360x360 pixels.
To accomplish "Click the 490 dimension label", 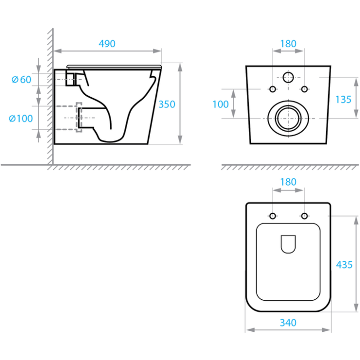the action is point(107,44).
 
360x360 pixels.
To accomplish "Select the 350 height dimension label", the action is point(167,104).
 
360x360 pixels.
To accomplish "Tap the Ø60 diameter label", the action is point(22,80).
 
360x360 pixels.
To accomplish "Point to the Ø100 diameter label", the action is point(21,118).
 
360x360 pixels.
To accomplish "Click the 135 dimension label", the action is point(344,99).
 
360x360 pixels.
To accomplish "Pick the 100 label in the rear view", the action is point(221,104).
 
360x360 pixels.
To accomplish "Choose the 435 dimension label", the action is point(344,265).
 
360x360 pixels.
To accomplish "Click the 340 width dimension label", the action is point(288,322).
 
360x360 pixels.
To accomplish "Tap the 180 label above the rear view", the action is point(289,44).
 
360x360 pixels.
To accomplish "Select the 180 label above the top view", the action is point(289,182).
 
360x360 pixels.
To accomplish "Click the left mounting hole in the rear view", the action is point(273,89).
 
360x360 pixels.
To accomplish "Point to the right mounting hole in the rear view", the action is point(304,89).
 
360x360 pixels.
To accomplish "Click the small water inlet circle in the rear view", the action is point(288,77).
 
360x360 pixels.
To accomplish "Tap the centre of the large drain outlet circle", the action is point(289,118).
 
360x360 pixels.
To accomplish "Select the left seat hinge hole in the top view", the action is point(273,216).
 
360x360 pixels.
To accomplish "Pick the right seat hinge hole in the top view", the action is point(304,216).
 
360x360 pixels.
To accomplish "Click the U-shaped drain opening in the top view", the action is point(288,244).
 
